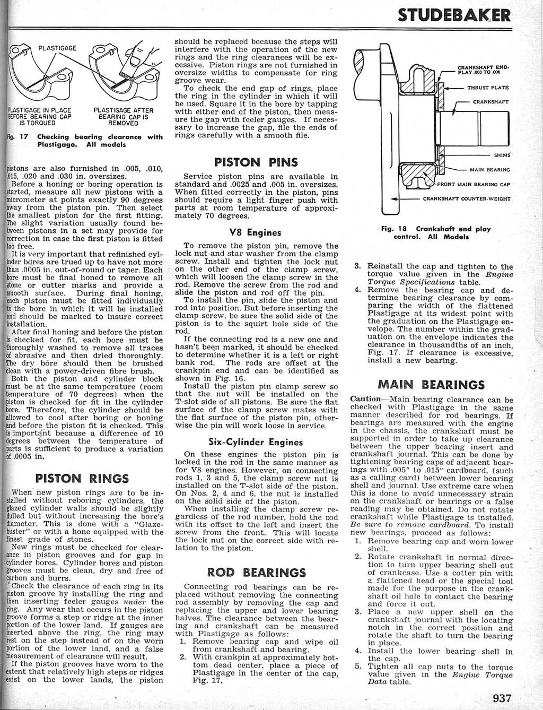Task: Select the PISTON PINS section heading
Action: pos(256,162)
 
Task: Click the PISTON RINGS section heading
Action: pos(82,478)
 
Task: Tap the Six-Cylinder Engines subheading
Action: pos(256,442)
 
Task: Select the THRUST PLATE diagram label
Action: pos(487,88)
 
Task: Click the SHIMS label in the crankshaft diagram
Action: pos(502,155)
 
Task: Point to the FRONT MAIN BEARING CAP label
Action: pos(473,185)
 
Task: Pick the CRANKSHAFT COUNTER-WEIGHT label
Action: pos(467,199)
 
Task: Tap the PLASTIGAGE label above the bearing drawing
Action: pos(57,48)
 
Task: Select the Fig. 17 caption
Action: pos(85,140)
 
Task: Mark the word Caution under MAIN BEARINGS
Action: pos(365,399)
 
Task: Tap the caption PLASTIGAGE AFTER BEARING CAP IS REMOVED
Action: pos(123,117)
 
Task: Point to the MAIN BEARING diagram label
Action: pos(489,170)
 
